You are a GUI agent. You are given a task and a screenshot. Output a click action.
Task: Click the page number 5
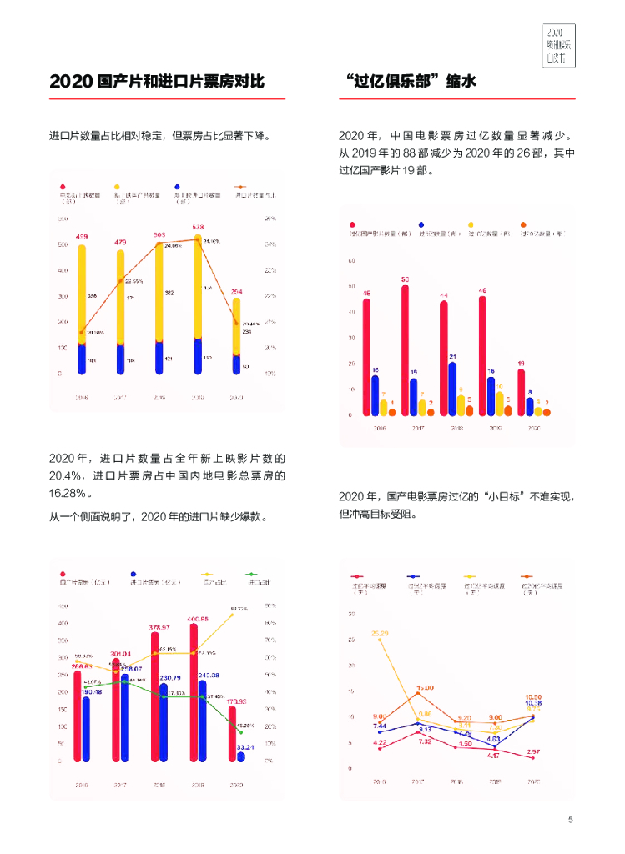(x=570, y=820)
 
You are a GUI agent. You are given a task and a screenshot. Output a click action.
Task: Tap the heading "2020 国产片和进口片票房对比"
(x=157, y=82)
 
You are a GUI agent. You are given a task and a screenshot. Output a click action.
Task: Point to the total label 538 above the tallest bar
(x=198, y=227)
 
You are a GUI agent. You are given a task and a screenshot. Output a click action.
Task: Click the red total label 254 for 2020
(x=236, y=292)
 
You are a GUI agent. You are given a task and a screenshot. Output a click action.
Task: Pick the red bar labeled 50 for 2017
(x=405, y=350)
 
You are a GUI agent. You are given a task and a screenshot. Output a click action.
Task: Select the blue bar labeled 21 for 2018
(x=452, y=389)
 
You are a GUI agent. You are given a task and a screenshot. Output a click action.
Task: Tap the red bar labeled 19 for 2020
(x=521, y=392)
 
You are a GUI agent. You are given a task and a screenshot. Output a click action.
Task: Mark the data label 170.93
(x=237, y=701)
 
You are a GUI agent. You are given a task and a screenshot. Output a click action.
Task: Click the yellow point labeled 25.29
(x=381, y=640)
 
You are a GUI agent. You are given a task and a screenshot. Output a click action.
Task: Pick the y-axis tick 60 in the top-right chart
(x=351, y=261)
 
